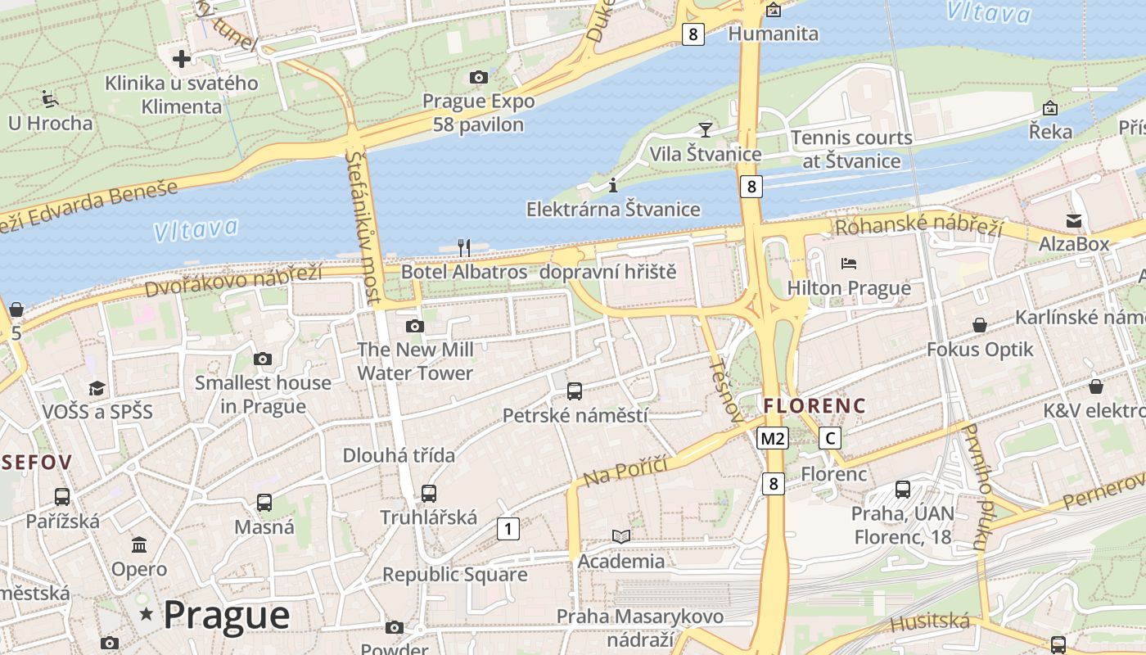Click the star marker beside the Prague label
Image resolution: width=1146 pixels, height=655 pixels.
[147, 613]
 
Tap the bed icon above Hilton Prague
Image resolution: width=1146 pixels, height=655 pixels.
[849, 264]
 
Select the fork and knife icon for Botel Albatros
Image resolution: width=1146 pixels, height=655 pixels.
[463, 247]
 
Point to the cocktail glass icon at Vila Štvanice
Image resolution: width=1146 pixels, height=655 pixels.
[705, 129]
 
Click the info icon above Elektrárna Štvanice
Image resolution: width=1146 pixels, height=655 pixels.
[613, 186]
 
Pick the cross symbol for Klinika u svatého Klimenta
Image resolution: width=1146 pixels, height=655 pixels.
[182, 59]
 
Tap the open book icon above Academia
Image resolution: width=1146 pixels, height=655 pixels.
[621, 536]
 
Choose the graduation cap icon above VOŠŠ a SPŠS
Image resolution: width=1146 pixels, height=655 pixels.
[97, 387]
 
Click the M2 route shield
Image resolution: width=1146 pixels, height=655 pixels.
[772, 438]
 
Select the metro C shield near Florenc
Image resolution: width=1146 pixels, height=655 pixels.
[831, 438]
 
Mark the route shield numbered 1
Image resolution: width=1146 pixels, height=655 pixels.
[508, 529]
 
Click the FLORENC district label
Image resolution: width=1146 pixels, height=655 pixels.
[814, 405]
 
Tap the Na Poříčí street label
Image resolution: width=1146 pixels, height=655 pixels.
[626, 472]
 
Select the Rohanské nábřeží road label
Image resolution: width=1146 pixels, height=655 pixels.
[918, 227]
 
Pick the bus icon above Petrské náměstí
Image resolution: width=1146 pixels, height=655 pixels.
[575, 391]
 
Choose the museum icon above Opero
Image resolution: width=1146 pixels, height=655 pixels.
[139, 544]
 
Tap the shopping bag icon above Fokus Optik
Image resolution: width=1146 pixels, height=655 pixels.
[980, 325]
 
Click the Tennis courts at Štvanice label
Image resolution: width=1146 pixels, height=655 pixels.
[851, 149]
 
